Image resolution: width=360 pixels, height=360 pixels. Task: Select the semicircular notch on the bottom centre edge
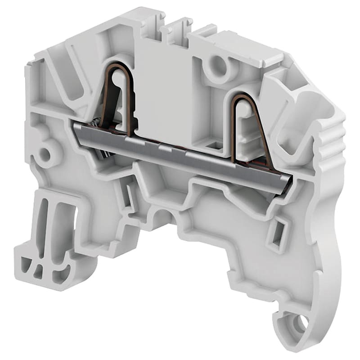pos(161,215)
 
